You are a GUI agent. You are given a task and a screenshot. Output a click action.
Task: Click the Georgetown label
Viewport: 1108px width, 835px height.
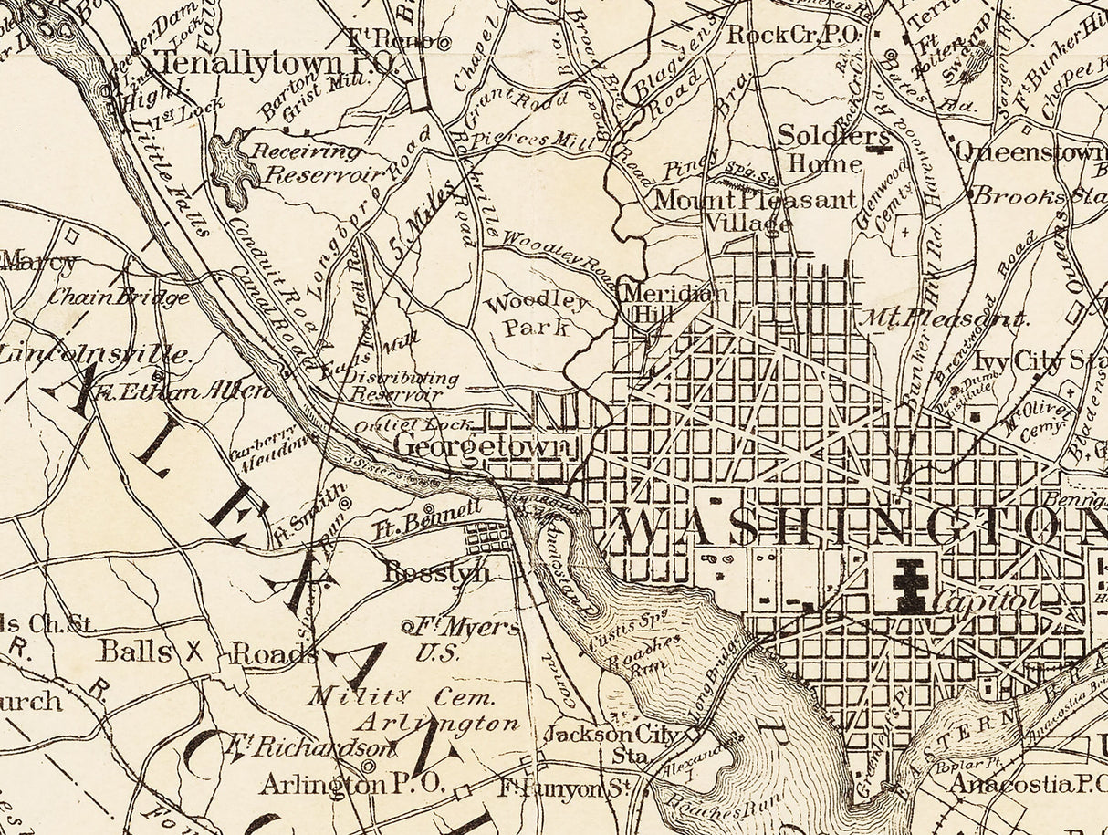(486, 447)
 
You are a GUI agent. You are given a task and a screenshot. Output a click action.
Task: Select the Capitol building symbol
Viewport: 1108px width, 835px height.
(908, 584)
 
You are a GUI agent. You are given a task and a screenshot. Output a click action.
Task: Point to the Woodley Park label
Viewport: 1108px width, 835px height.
(537, 315)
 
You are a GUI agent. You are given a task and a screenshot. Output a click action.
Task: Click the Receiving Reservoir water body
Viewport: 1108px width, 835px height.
(234, 167)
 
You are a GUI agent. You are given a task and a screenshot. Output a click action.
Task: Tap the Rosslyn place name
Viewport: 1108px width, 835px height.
(436, 573)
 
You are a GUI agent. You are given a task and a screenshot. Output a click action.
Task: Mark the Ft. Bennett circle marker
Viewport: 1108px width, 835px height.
(430, 509)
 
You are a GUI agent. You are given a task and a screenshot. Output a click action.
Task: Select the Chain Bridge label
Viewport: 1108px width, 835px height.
(119, 296)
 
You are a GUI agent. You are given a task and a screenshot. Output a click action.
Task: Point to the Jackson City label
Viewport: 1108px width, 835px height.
(611, 735)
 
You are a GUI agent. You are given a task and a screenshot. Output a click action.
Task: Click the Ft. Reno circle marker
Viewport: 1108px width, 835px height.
(444, 42)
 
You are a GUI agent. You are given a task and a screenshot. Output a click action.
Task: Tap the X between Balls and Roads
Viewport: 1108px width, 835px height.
(193, 652)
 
